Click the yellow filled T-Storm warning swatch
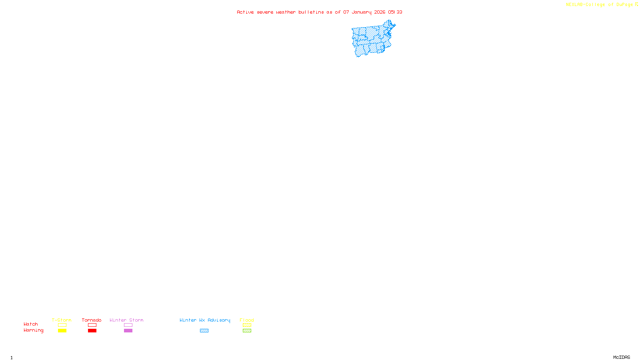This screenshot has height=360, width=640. [62, 331]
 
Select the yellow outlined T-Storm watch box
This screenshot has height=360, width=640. [62, 325]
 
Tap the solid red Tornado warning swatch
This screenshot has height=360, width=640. [92, 331]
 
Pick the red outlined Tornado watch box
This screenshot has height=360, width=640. [92, 325]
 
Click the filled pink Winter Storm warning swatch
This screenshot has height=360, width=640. [128, 331]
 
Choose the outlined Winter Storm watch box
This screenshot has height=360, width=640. [128, 325]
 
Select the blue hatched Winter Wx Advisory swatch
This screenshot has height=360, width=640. [204, 331]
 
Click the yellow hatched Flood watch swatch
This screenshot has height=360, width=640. [247, 325]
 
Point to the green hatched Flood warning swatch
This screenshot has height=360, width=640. [247, 331]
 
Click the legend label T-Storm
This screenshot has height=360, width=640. [62, 320]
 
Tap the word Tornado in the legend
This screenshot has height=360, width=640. [92, 320]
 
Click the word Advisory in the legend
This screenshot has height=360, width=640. [219, 320]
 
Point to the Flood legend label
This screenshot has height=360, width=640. [247, 320]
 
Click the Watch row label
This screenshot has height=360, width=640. [31, 324]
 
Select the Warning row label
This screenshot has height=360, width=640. [33, 330]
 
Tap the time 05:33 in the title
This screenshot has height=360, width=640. [395, 12]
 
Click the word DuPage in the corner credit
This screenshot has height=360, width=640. [624, 5]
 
